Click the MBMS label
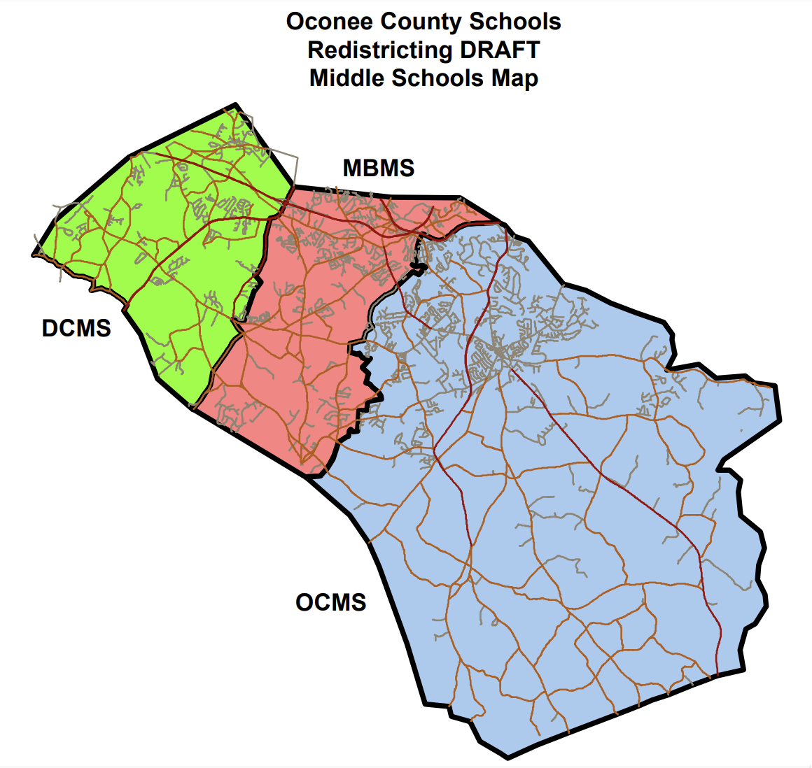click(x=378, y=169)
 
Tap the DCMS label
click(x=76, y=328)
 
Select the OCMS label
click(x=331, y=602)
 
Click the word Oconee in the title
click(x=329, y=22)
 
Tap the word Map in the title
click(x=514, y=78)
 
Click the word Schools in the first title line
click(x=515, y=22)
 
